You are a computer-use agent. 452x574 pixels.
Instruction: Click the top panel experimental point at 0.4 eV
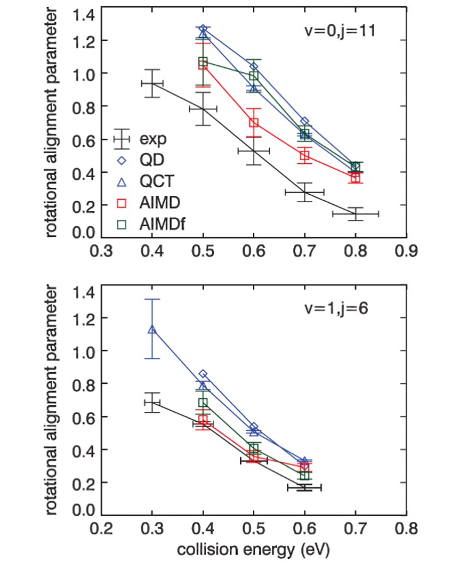coord(152,84)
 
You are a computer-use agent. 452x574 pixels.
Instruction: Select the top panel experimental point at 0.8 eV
coord(355,214)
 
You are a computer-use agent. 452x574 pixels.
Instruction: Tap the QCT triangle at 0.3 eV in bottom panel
coord(152,328)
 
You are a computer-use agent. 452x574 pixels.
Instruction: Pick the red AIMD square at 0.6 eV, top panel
coord(254,122)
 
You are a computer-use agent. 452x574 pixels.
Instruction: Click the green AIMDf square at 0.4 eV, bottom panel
coord(203,402)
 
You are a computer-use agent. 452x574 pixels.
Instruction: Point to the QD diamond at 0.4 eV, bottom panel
coord(203,374)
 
